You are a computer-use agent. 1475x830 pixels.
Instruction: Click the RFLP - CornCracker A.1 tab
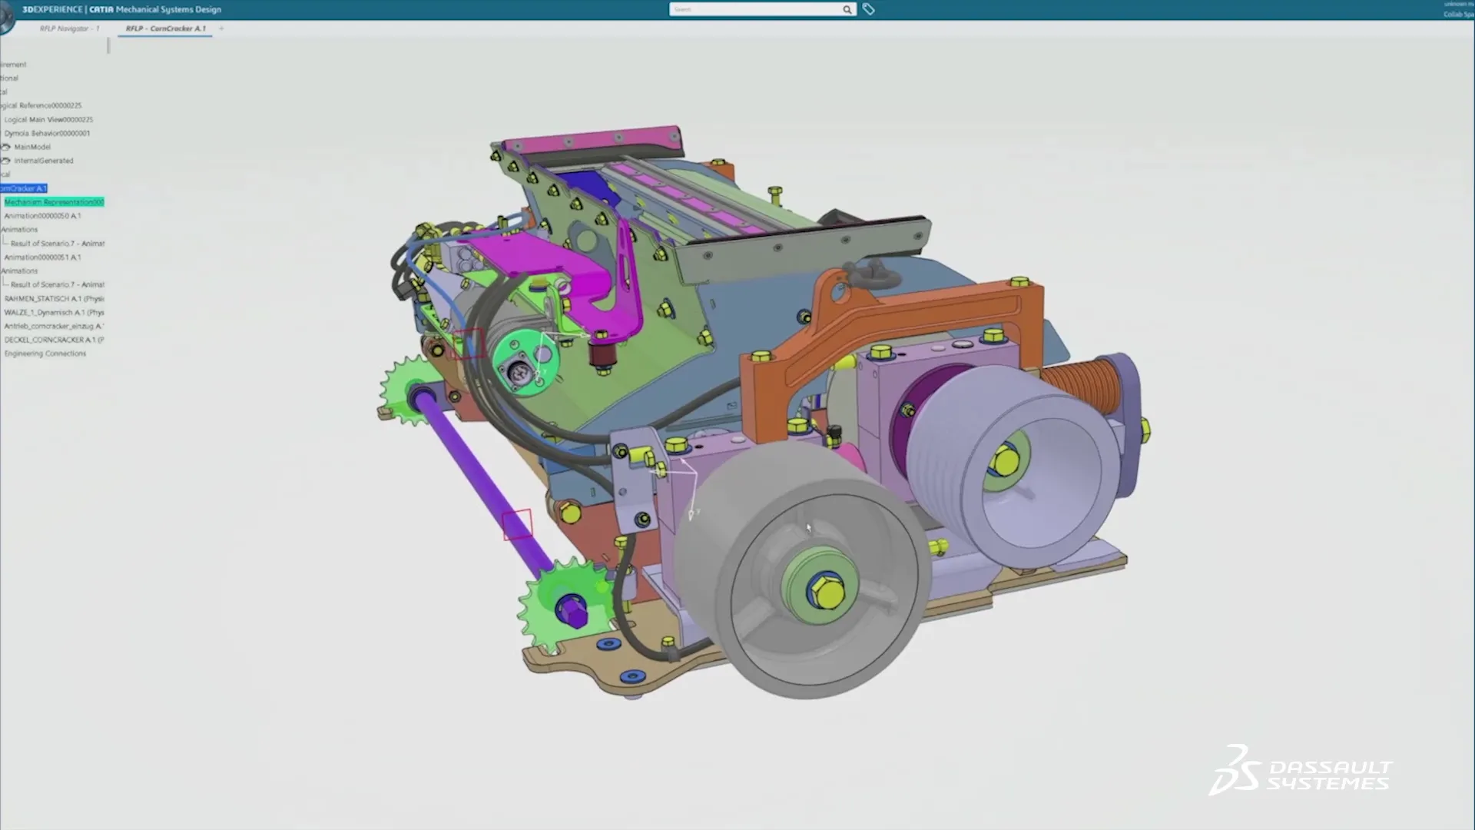166,28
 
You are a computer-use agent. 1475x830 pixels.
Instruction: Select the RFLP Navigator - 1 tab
69,28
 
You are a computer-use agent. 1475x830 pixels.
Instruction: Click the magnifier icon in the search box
847,9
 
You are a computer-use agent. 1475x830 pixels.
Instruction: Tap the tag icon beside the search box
868,9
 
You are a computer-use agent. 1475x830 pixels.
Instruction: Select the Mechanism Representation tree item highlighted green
54,202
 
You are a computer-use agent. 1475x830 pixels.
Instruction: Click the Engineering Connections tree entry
45,354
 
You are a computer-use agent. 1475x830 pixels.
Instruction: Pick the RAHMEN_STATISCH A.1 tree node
54,298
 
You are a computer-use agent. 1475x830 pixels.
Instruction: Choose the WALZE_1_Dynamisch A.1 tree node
54,312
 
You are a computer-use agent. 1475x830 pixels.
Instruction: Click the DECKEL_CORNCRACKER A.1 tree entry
54,340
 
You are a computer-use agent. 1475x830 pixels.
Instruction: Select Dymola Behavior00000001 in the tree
47,133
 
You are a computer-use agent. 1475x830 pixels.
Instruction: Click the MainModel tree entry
32,147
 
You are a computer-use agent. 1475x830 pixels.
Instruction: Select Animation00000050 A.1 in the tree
42,216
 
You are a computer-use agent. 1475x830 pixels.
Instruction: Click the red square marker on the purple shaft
517,524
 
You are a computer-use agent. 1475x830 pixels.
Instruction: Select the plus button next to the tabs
221,28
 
